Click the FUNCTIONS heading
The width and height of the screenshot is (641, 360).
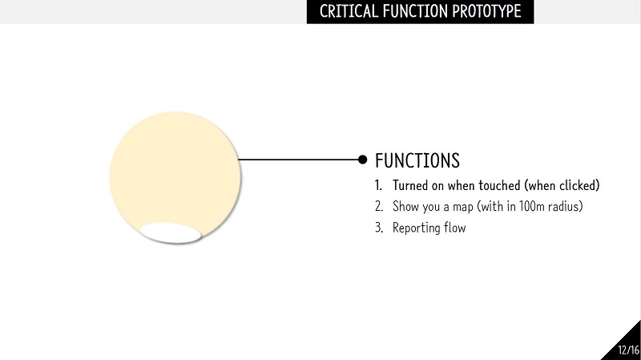pos(417,160)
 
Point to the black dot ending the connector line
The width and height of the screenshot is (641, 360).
pos(362,160)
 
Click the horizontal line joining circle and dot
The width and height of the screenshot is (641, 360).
pos(298,160)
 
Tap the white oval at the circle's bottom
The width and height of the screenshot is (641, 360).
pos(171,233)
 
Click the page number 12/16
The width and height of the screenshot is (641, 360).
pos(628,350)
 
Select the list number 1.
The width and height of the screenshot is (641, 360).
pos(378,185)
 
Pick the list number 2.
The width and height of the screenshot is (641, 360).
pos(379,206)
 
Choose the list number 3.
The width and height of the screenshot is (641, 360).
pos(379,228)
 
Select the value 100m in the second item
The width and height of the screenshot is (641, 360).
pos(532,206)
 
